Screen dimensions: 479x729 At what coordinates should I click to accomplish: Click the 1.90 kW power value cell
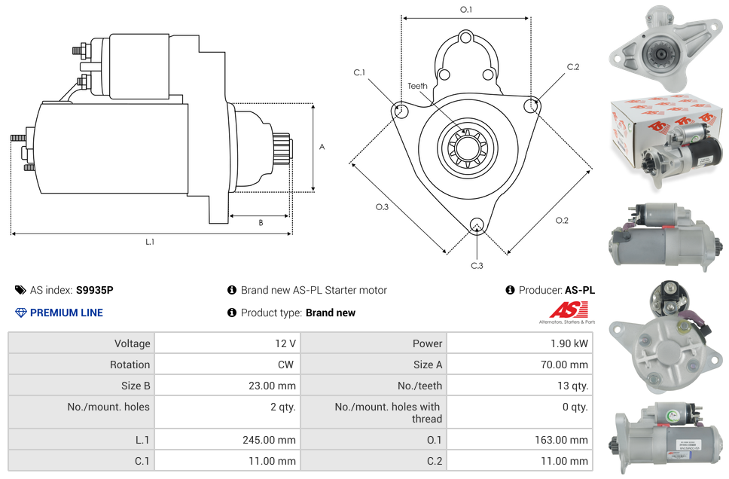point(569,343)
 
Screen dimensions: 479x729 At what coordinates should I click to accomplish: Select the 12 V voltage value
point(285,343)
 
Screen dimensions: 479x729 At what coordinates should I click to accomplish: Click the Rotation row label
point(130,365)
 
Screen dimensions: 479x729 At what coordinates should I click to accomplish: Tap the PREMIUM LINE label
point(66,313)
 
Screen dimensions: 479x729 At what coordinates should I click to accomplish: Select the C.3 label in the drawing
point(477,266)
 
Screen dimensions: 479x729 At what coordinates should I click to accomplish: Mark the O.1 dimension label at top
point(466,10)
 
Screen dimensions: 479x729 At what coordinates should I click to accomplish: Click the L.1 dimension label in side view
point(150,242)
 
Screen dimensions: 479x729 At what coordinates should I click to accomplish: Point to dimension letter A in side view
point(322,147)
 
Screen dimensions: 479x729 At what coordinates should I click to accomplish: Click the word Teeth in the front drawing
point(417,86)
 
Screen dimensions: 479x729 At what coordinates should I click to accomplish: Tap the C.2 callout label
point(573,67)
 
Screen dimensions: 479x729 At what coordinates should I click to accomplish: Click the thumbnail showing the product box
point(664,138)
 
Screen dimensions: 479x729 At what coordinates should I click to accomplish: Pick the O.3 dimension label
point(382,207)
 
